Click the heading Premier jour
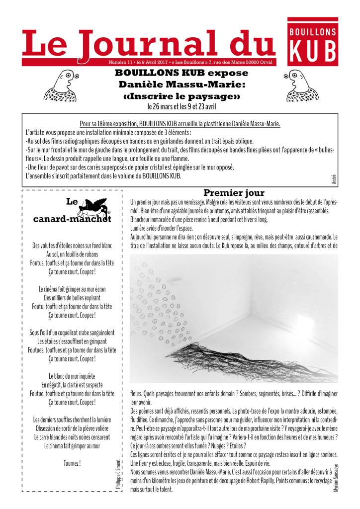click(x=234, y=193)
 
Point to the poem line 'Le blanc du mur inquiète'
click(x=72, y=375)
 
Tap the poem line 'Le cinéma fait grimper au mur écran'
click(x=72, y=288)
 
